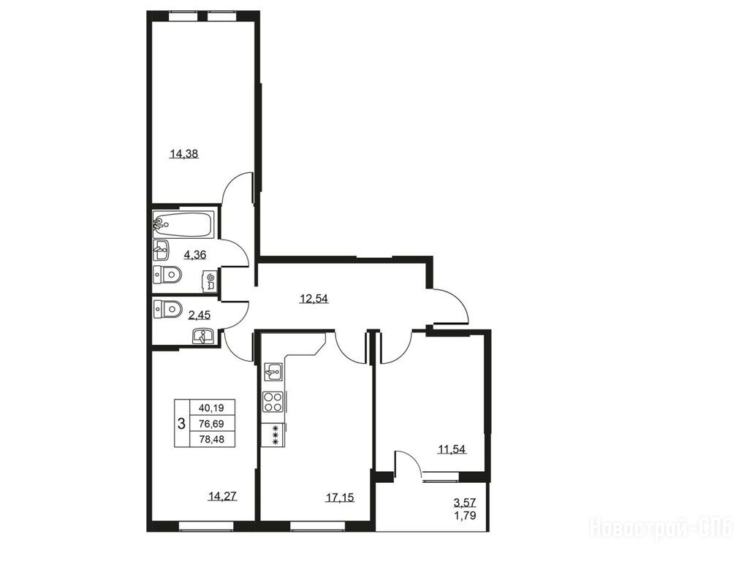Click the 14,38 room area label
(x=184, y=153)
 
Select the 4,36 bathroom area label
(x=195, y=255)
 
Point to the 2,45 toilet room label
(x=200, y=314)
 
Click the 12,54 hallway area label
(x=314, y=299)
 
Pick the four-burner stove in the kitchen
(x=273, y=402)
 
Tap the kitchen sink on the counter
(x=273, y=371)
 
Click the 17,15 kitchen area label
(x=340, y=497)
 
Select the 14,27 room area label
(x=222, y=497)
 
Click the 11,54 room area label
(x=452, y=449)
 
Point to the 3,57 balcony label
(x=465, y=502)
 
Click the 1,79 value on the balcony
(x=465, y=515)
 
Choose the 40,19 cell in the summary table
(x=211, y=408)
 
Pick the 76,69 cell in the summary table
(x=211, y=424)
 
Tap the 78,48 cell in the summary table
(x=211, y=439)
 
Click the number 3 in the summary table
(x=181, y=424)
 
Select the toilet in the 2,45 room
(x=168, y=309)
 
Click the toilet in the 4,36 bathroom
(x=168, y=275)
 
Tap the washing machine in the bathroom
(x=210, y=281)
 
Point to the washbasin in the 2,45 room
(x=203, y=336)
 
